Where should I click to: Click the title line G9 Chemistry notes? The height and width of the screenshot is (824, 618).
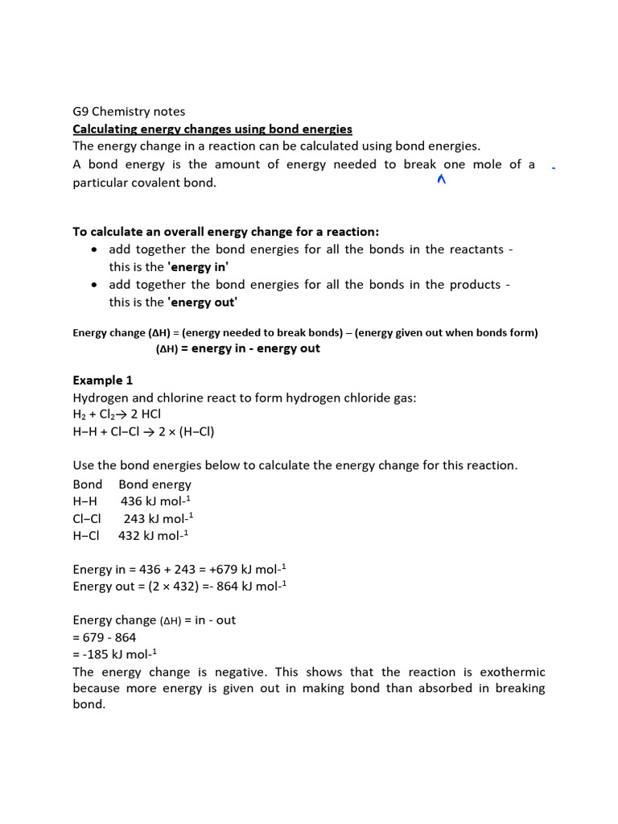pos(129,111)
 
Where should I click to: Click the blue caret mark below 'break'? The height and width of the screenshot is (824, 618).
pos(441,180)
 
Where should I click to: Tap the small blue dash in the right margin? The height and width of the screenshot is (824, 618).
pos(554,168)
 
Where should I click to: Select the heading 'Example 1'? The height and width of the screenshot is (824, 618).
pos(103,380)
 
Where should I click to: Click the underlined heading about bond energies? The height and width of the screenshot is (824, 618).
pos(212,129)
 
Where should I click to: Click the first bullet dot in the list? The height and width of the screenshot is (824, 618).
pos(95,249)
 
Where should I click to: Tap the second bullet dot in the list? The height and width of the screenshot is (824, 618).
pos(95,285)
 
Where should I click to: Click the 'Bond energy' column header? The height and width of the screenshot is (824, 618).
pos(154,484)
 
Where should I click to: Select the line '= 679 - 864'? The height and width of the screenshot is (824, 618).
pos(105,637)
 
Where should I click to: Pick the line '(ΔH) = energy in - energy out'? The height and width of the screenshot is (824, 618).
pos(237,348)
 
